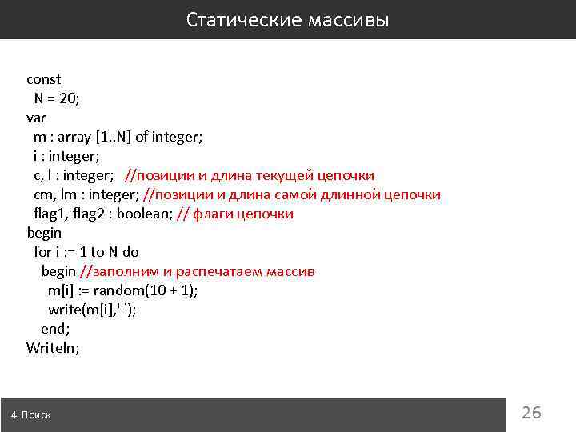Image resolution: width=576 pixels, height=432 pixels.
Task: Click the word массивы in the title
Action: pos(347,19)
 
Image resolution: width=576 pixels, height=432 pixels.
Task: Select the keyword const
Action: pos(43,79)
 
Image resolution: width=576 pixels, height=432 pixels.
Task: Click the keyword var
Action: pos(36,118)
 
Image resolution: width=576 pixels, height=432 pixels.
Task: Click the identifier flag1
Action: pos(51,214)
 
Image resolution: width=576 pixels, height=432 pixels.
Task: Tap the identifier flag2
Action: pos(95,214)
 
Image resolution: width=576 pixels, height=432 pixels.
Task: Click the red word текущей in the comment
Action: pos(283,175)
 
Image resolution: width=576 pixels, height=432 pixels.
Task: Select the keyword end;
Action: pos(55,329)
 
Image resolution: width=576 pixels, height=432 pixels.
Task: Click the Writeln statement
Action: pos(53,348)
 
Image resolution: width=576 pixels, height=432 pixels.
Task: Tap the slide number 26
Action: pos(531,413)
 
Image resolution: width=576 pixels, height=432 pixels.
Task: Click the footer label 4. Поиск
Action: pos(31,414)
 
